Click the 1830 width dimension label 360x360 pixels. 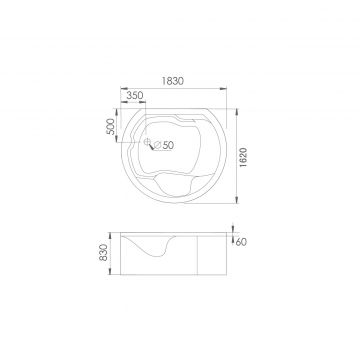[x=173, y=81]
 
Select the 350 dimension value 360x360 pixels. [x=135, y=95]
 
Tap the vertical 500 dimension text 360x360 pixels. [x=111, y=126]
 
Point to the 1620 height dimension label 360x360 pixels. [x=243, y=157]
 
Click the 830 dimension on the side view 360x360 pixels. [x=104, y=252]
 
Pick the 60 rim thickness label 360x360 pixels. [x=241, y=242]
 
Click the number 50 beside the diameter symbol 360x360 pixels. [x=168, y=145]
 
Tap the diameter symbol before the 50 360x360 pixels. [x=158, y=145]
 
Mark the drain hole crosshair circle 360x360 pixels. [x=146, y=142]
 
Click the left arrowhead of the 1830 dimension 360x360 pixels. [x=124, y=89]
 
